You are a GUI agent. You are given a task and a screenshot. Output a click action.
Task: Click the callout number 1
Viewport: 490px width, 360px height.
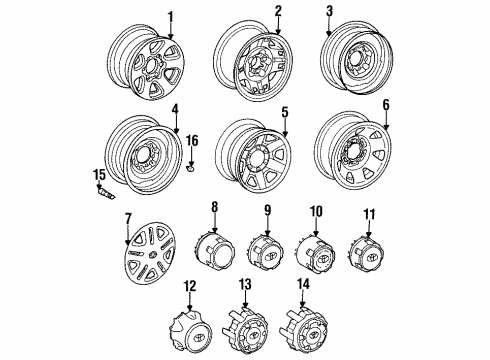click(x=170, y=16)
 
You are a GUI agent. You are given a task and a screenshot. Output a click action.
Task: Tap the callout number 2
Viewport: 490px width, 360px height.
click(x=277, y=11)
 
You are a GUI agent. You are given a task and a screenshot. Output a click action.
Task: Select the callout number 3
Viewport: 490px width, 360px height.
click(x=355, y=12)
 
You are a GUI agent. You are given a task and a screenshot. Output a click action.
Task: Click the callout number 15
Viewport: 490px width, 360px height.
click(x=99, y=176)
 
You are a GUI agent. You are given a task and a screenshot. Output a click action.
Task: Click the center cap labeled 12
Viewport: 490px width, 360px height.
click(x=190, y=325)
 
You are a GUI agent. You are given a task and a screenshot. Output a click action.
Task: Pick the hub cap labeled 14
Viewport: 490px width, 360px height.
click(x=301, y=325)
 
